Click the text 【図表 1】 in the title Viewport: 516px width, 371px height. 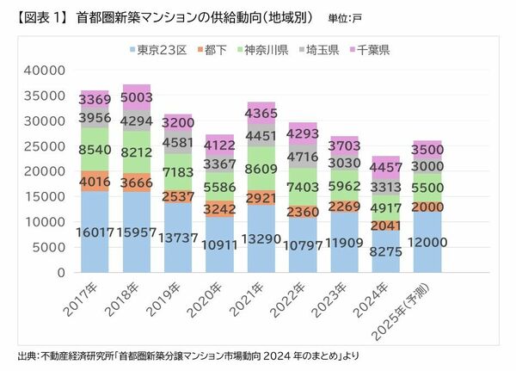tap(39, 16)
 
